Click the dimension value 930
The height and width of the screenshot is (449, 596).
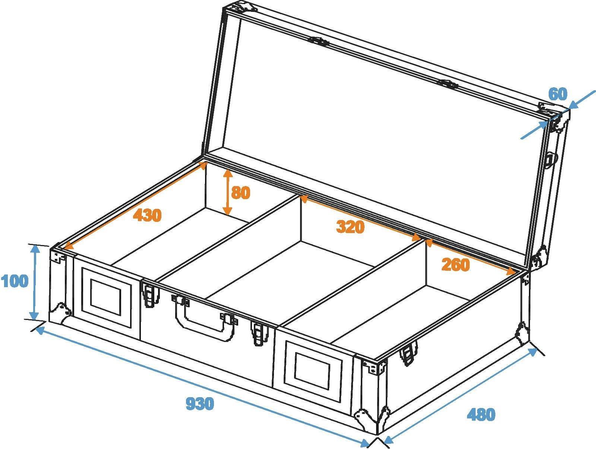[200, 404]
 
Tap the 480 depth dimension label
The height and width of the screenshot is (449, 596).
[481, 414]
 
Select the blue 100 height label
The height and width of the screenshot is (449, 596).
[15, 281]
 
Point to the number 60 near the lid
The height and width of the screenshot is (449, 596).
[558, 94]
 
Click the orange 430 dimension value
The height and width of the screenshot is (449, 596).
[148, 216]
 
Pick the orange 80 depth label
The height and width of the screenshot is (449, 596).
[240, 193]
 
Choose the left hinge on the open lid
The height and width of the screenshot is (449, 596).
[320, 41]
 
